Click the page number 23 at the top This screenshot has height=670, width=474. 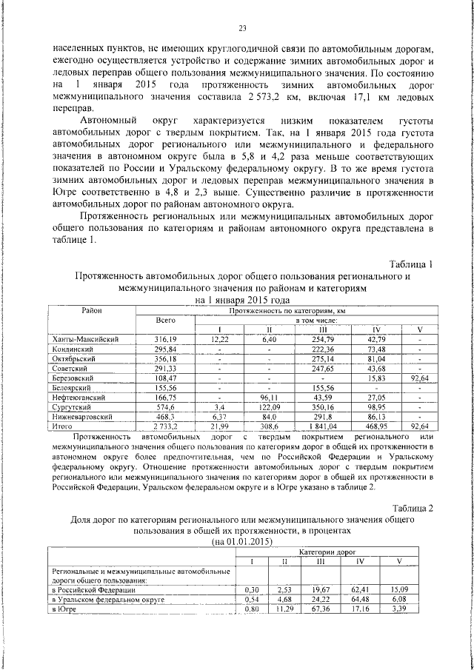pos(241,28)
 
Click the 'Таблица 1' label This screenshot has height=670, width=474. pos(410,264)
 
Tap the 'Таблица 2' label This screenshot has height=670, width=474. pos(410,508)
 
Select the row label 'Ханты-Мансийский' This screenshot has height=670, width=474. pos(86,338)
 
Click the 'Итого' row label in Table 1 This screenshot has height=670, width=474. pos(63,426)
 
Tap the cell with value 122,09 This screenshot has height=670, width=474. pos(270,407)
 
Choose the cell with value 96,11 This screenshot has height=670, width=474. pos(270,397)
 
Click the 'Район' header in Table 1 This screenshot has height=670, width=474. pos(92,311)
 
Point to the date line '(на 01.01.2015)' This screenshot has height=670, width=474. pos(242,541)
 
